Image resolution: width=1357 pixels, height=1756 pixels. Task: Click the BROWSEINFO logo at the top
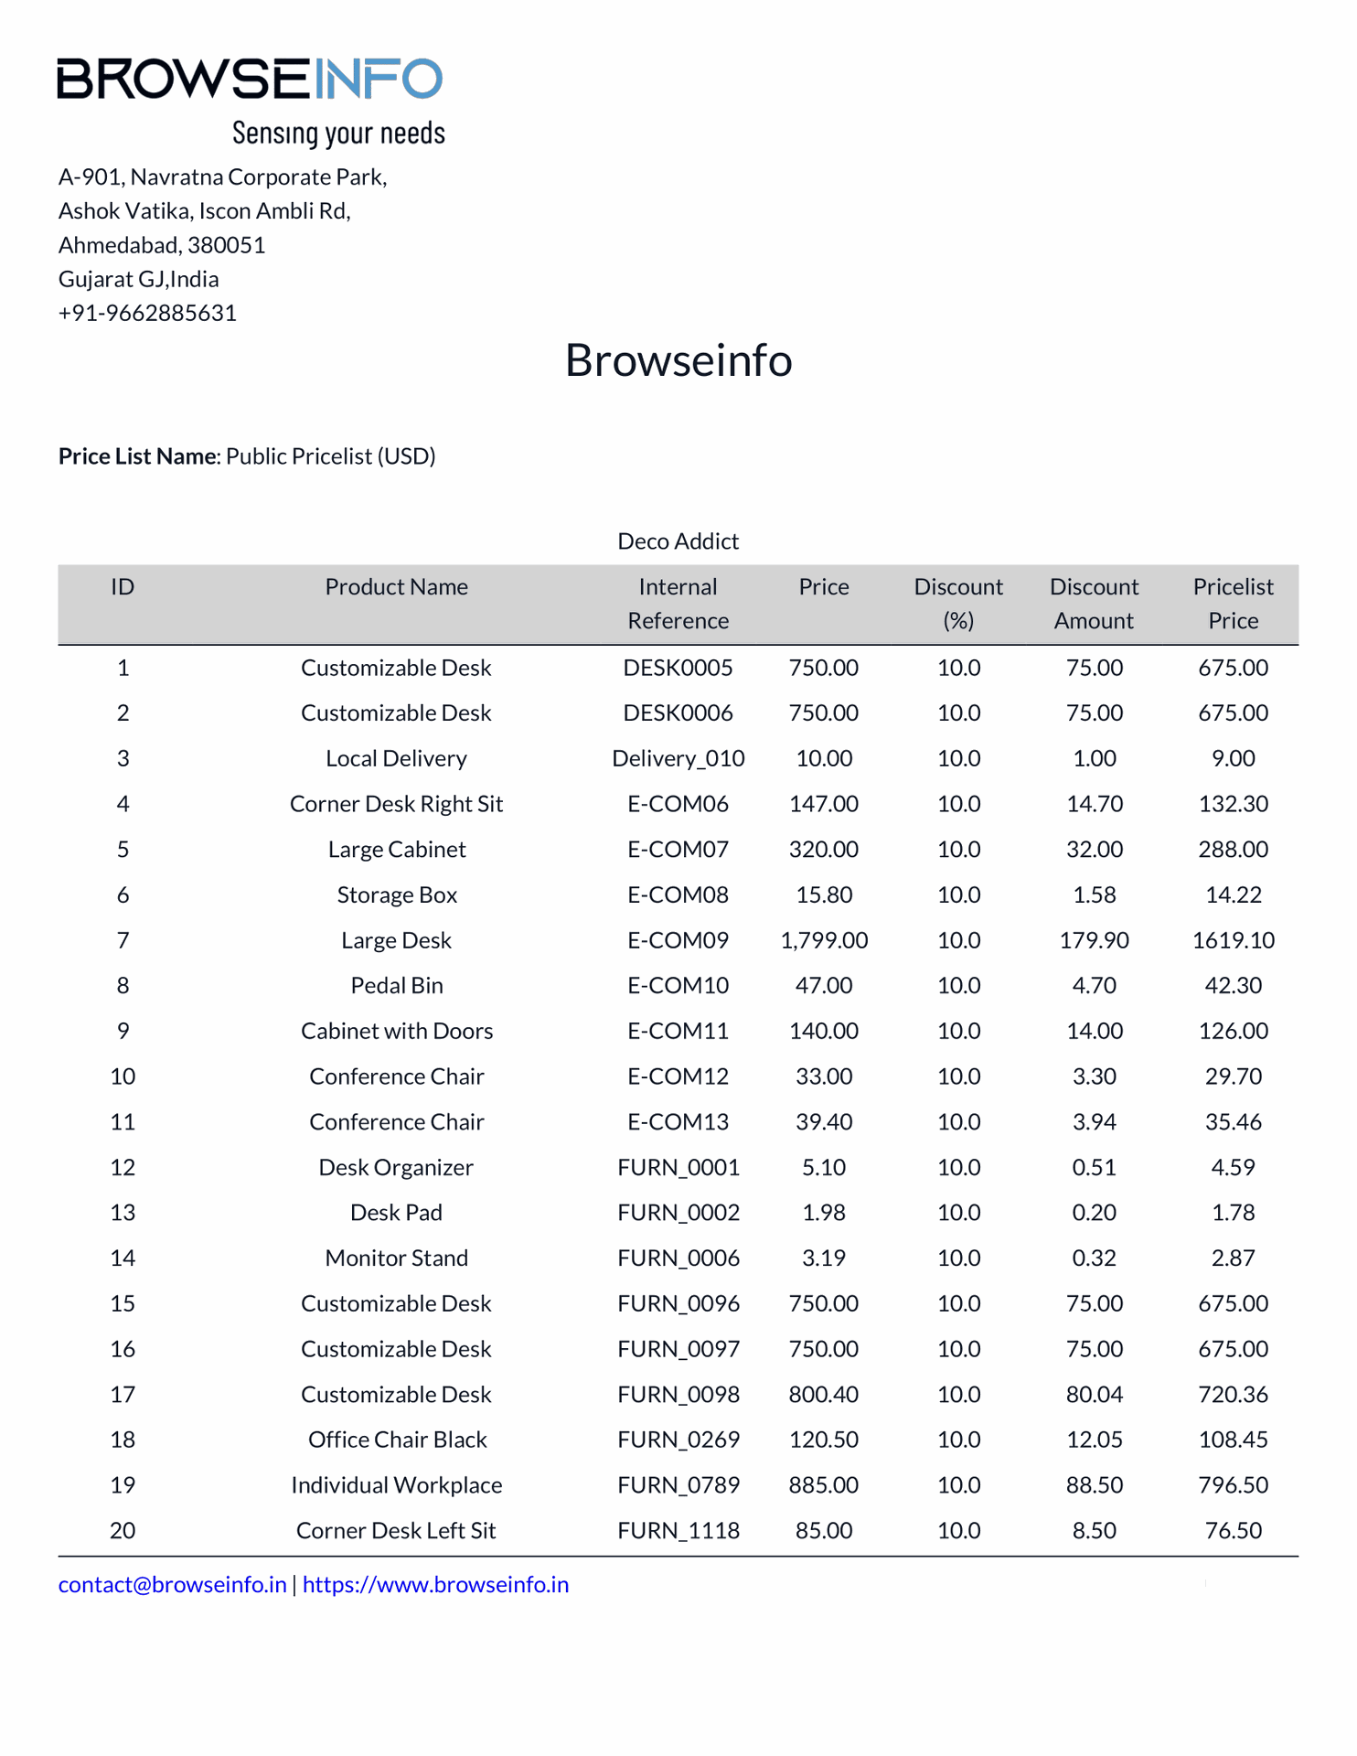(x=250, y=79)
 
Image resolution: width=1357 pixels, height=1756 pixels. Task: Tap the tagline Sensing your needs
(x=338, y=134)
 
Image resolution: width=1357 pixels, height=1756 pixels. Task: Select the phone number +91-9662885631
(x=147, y=313)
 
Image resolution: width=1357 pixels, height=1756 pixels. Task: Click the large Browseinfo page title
(x=678, y=359)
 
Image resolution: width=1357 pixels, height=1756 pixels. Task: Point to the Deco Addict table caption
(x=678, y=541)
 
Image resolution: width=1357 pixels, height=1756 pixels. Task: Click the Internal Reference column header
(x=678, y=604)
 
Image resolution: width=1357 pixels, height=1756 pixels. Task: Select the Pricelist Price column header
(x=1233, y=604)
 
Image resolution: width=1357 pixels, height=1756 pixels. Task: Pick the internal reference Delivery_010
(x=678, y=758)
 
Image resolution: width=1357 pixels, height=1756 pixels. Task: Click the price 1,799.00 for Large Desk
(x=824, y=940)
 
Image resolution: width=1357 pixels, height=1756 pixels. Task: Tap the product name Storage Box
(x=397, y=894)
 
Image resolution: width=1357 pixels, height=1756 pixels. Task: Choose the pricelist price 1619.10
(x=1233, y=940)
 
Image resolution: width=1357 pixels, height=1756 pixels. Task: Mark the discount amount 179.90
(x=1094, y=940)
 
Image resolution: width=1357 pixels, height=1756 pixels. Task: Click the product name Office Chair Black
(x=397, y=1440)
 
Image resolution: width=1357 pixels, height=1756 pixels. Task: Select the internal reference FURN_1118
(x=678, y=1531)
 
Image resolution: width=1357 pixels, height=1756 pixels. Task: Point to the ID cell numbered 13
(x=123, y=1213)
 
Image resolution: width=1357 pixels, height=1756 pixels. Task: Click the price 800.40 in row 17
(x=824, y=1395)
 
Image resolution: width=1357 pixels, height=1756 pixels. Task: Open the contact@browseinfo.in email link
(x=172, y=1585)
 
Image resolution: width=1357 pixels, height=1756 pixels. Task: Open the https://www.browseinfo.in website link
(x=435, y=1585)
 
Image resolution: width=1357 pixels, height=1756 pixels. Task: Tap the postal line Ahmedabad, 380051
(x=162, y=245)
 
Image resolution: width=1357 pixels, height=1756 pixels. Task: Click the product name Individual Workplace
(x=397, y=1485)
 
